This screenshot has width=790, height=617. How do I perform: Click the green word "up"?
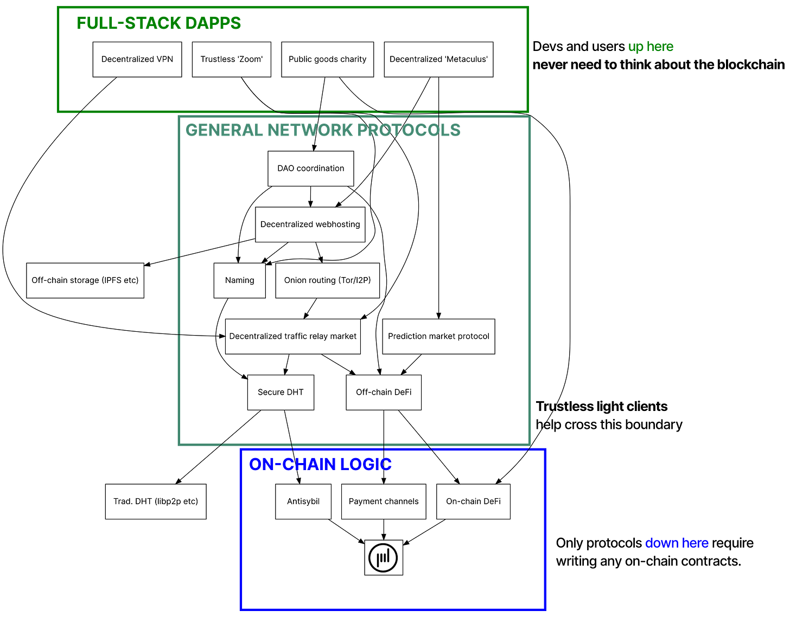(x=635, y=47)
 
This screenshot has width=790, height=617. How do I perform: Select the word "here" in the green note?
(x=660, y=47)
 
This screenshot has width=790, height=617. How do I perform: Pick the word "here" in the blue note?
(x=696, y=543)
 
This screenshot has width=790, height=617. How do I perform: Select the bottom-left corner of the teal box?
(x=179, y=445)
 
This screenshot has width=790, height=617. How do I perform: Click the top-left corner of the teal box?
(x=179, y=117)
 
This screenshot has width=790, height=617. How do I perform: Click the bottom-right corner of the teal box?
(x=530, y=445)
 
